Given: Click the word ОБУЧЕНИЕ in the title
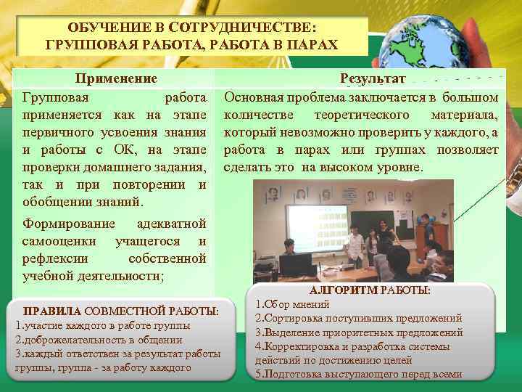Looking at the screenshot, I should pyautogui.click(x=105, y=27).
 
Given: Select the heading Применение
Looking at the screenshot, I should pyautogui.click(x=116, y=78).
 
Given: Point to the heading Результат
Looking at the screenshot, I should pyautogui.click(x=374, y=78).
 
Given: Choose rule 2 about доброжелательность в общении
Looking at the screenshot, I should pyautogui.click(x=99, y=340).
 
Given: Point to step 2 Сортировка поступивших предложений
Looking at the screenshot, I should pyautogui.click(x=359, y=318).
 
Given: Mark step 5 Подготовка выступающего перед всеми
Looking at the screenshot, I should pyautogui.click(x=358, y=375).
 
